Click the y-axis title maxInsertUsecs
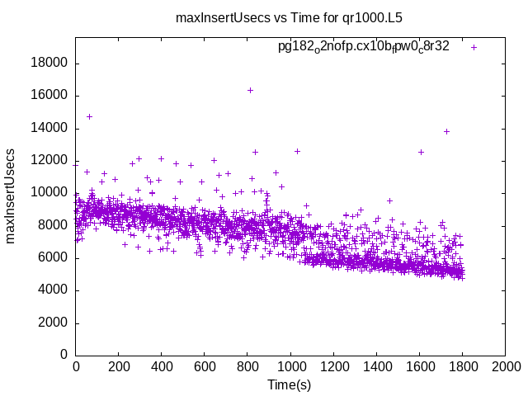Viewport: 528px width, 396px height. tap(11, 196)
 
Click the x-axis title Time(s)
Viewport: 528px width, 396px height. tap(290, 384)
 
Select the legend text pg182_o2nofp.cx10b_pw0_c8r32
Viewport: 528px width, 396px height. tap(364, 47)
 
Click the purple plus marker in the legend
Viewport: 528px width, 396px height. tap(474, 47)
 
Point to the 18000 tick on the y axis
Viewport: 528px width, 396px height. tap(49, 64)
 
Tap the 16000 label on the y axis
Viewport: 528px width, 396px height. tap(49, 96)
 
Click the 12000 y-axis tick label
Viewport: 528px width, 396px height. tap(49, 161)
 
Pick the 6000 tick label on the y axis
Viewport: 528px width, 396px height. tap(53, 257)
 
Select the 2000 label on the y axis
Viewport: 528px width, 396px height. tap(53, 323)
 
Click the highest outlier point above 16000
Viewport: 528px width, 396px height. tap(250, 90)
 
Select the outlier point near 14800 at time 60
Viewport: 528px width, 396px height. tap(89, 116)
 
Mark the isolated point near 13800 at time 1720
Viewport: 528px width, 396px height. tap(446, 131)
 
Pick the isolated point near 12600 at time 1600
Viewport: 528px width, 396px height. tap(421, 152)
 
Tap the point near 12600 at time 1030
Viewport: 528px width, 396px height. tap(297, 151)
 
